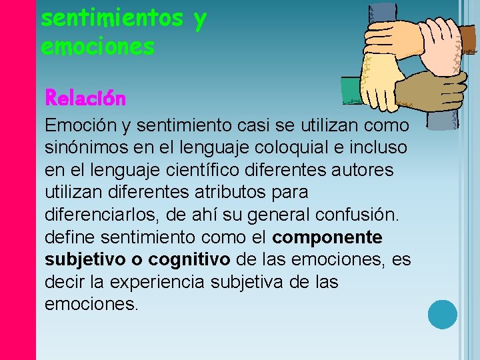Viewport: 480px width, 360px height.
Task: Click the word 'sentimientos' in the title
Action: coord(112,19)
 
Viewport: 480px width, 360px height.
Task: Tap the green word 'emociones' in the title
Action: coord(97,47)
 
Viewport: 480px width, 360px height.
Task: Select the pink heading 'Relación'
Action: coord(85,99)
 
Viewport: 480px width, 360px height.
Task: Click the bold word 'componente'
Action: coord(328,238)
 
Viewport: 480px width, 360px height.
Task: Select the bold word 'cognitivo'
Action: coord(189,260)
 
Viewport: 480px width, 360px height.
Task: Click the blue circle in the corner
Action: coord(442,315)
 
